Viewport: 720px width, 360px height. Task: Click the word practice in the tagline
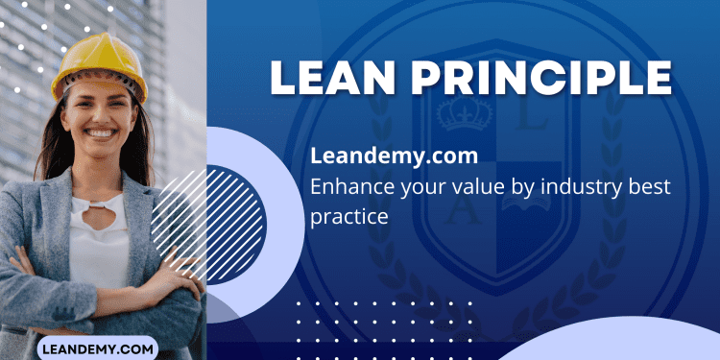click(349, 216)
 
